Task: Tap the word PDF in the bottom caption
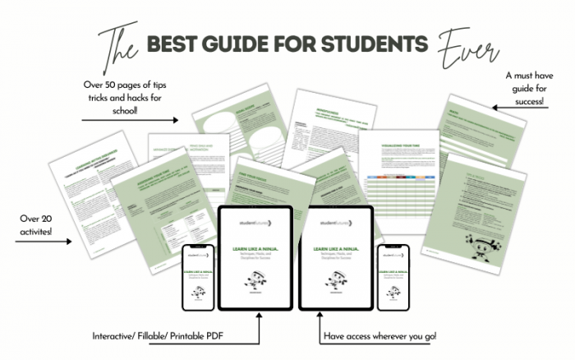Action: [243, 336]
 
